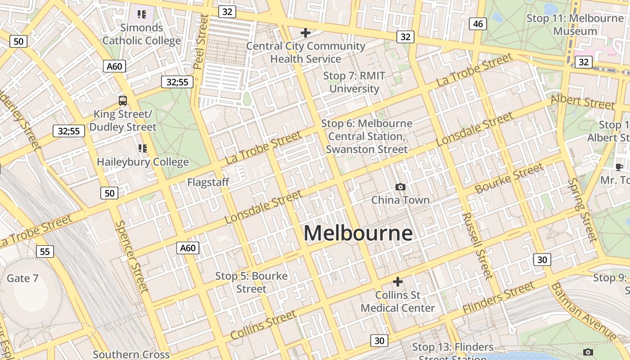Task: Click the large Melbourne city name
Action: pyautogui.click(x=358, y=233)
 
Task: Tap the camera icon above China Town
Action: pyautogui.click(x=400, y=187)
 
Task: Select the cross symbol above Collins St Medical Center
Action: pyautogui.click(x=398, y=282)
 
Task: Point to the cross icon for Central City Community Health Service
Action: pyautogui.click(x=306, y=32)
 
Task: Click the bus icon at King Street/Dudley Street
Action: pyautogui.click(x=123, y=100)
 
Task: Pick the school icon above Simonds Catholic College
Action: pyautogui.click(x=142, y=14)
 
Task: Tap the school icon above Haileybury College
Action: pyautogui.click(x=143, y=148)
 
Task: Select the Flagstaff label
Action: pyautogui.click(x=208, y=182)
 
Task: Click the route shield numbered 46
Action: pyautogui.click(x=478, y=24)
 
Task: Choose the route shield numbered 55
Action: pyautogui.click(x=45, y=252)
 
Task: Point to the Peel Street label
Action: pyautogui.click(x=201, y=41)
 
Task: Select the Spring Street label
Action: pyautogui.click(x=583, y=209)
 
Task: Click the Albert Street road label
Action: pyautogui.click(x=582, y=102)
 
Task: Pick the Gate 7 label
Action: pyautogui.click(x=22, y=278)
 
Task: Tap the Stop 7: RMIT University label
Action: pyautogui.click(x=354, y=82)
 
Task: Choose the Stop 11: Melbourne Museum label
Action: pyautogui.click(x=575, y=25)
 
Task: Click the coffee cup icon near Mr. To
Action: pyautogui.click(x=619, y=167)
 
